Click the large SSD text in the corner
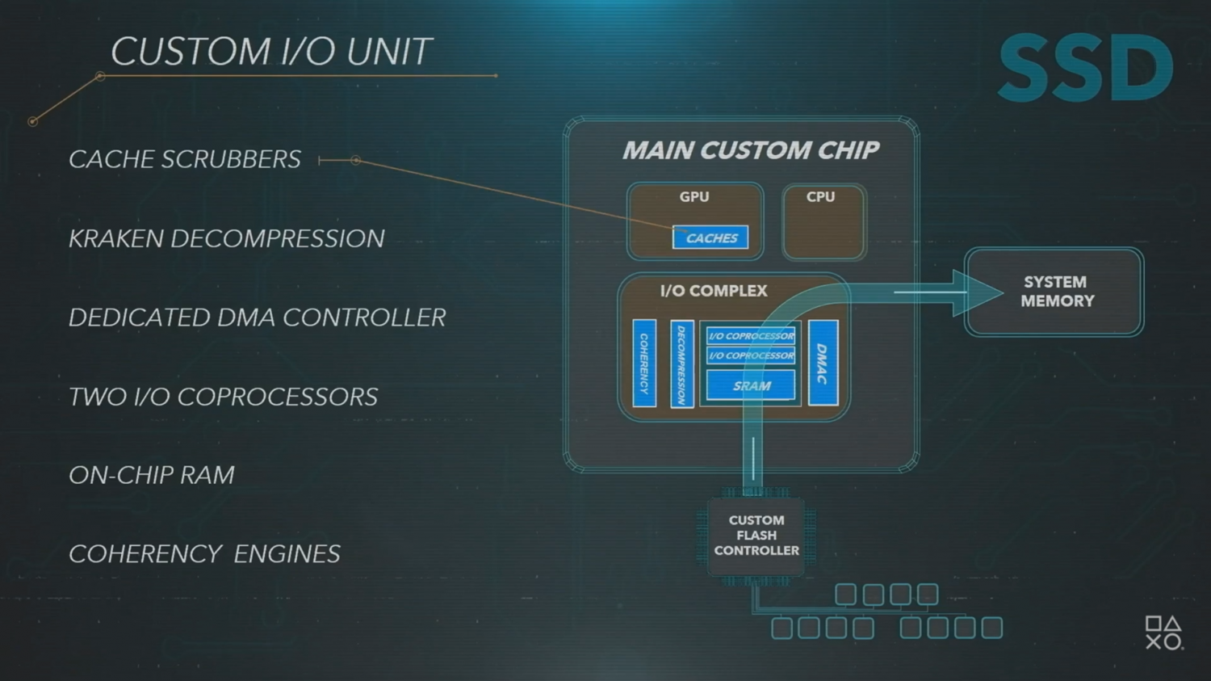1085,69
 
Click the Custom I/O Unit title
270,52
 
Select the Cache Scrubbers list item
184,159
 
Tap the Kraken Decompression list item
226,238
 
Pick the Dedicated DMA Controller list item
257,317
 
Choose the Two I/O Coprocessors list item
223,397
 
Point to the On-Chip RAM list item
151,475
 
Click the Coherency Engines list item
204,554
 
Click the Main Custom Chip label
750,150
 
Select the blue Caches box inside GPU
710,238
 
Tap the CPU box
823,222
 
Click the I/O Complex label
714,291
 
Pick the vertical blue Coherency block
644,363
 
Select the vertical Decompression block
681,364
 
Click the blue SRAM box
751,385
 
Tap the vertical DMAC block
823,363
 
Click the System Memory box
1054,292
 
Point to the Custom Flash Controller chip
756,536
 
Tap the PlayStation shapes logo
1163,633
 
